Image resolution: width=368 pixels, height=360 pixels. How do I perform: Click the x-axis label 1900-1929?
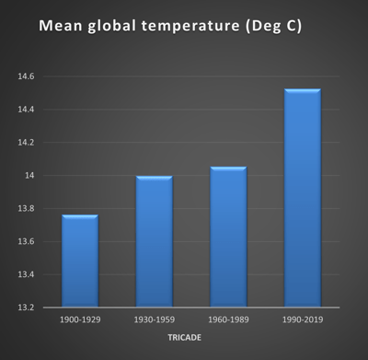(79, 319)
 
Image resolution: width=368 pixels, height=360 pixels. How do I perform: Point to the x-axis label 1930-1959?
(155, 319)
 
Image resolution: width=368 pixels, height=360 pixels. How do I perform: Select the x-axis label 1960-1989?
(228, 319)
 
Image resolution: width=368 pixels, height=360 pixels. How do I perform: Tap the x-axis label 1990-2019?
(303, 319)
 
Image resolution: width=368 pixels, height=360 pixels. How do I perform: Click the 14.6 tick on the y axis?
(25, 76)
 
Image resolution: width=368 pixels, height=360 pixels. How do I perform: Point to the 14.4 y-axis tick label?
(25, 110)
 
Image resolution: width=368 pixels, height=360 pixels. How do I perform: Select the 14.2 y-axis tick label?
(25, 143)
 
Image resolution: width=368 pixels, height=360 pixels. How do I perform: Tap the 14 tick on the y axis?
(29, 176)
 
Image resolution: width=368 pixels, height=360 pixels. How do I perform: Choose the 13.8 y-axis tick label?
(25, 209)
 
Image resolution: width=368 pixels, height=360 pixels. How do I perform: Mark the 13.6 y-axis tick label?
(25, 242)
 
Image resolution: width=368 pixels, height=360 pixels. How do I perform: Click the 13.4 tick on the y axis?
(25, 274)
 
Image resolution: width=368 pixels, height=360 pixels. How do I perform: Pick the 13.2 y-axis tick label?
(25, 308)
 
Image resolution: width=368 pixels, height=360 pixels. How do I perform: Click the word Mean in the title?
(63, 29)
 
